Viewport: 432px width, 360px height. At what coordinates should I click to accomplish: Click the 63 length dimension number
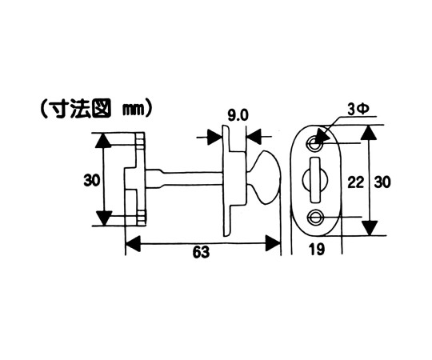pos(201,252)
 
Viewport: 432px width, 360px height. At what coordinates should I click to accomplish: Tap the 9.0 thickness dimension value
pos(238,116)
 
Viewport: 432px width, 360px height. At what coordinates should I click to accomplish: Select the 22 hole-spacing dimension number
pos(356,182)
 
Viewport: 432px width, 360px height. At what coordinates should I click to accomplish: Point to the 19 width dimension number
pos(317,250)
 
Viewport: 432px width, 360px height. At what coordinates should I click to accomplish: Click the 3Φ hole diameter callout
pos(358,110)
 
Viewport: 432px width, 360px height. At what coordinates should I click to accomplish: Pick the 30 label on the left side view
pos(92,181)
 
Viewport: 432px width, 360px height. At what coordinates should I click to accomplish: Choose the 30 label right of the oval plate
pos(382,182)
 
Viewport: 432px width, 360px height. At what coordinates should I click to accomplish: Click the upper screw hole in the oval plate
pos(314,143)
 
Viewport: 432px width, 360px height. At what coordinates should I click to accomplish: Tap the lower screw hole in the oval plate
pos(315,216)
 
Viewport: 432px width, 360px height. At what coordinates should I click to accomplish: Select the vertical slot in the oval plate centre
pos(315,180)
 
